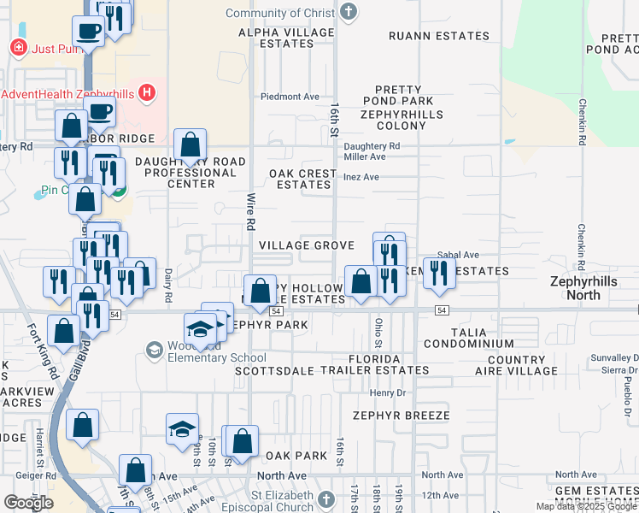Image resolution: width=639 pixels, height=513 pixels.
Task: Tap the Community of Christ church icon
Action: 348,12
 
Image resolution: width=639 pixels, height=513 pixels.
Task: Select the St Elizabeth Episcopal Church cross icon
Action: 325,499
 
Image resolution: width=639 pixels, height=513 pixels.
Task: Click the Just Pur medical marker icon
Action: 18,48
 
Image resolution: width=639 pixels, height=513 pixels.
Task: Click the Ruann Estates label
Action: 439,36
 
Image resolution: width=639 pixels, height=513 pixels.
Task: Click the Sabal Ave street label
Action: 458,255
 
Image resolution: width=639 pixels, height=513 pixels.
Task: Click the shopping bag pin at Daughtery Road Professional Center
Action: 190,144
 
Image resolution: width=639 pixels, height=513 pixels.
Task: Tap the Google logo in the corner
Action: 28,503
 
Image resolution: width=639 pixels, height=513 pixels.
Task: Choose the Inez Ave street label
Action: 361,177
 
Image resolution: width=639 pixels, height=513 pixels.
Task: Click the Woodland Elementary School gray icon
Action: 154,349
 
